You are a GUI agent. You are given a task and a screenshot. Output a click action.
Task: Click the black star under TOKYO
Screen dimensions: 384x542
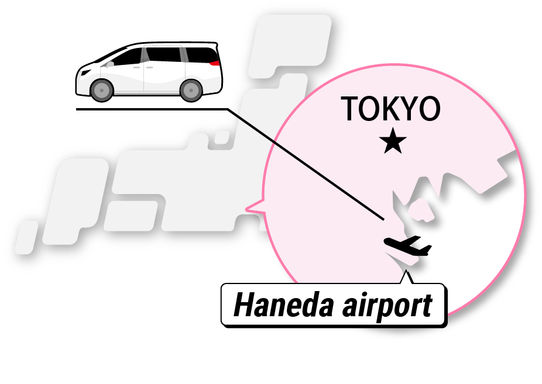[x=392, y=142]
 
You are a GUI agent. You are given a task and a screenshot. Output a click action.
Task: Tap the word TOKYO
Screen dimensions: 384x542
[x=390, y=109]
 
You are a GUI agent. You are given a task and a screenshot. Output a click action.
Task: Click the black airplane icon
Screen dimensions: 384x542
[x=407, y=246]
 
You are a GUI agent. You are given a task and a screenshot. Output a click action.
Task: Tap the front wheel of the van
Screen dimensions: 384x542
[x=102, y=89]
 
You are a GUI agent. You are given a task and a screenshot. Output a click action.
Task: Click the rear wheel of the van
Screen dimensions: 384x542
[x=191, y=89]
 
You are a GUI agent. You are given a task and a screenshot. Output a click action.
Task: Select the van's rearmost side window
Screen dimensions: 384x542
[x=200, y=55]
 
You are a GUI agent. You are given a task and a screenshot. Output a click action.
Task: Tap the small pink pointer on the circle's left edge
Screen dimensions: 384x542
[x=254, y=206]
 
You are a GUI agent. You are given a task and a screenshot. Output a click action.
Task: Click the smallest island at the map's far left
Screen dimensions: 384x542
[x=25, y=237]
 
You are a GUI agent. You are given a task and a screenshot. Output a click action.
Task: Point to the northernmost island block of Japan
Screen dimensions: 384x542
[x=293, y=41]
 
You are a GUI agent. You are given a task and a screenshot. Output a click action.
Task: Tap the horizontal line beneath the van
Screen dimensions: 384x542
[x=152, y=109]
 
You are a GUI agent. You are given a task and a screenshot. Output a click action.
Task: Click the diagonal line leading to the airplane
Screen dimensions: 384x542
[x=304, y=164]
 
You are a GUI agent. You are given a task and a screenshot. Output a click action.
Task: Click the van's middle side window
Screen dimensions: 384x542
[x=164, y=55]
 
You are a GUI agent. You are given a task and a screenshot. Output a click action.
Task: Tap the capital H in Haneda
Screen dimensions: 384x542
[x=244, y=305]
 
